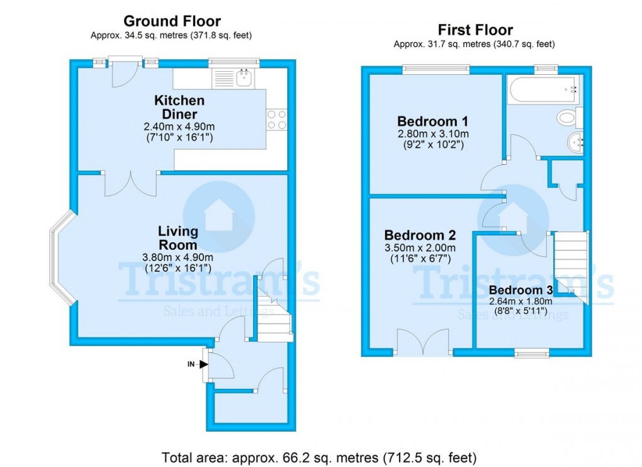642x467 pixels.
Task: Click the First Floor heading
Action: [475, 30]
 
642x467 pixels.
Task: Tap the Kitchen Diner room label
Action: [179, 107]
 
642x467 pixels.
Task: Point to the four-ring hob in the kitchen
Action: [277, 120]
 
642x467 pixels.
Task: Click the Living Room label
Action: [177, 239]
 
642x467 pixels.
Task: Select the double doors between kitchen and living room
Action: [130, 183]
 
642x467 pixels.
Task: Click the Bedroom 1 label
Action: [432, 121]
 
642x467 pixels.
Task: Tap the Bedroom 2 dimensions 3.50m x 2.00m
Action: [420, 248]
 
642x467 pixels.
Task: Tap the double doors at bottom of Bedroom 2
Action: [424, 343]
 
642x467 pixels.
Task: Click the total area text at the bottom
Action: [319, 456]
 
